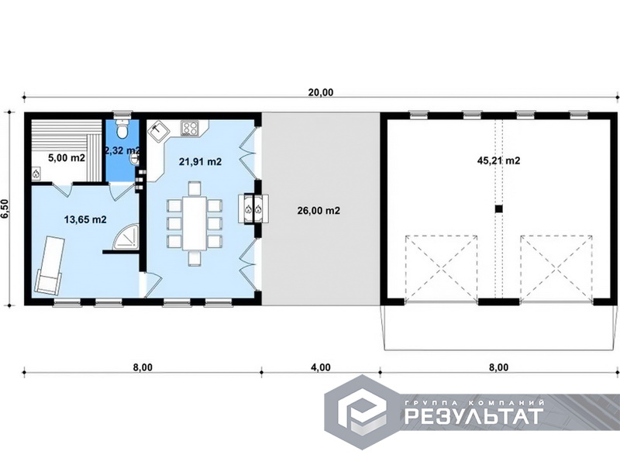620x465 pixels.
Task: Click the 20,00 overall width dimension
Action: pos(321,92)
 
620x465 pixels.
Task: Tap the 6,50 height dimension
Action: pos(5,208)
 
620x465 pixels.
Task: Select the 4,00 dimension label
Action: pos(321,367)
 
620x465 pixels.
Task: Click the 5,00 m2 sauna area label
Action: pos(67,158)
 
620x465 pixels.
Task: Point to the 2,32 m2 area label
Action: pos(122,150)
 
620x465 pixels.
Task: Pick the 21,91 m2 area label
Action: pos(200,161)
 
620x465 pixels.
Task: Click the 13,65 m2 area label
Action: pos(85,219)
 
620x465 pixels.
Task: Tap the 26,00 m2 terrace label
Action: pos(319,210)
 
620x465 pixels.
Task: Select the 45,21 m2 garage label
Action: pos(498,160)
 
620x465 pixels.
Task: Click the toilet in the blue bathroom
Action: pos(122,129)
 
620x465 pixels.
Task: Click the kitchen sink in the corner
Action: pos(159,130)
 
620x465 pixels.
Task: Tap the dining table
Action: pos(195,223)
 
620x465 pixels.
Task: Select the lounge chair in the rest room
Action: pos(49,265)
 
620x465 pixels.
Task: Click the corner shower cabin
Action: pos(126,237)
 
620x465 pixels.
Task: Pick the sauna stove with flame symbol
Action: pos(36,173)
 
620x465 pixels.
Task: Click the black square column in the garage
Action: pos(498,208)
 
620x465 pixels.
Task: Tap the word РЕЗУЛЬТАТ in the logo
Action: pos(474,416)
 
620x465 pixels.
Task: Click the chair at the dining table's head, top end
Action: pos(195,188)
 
